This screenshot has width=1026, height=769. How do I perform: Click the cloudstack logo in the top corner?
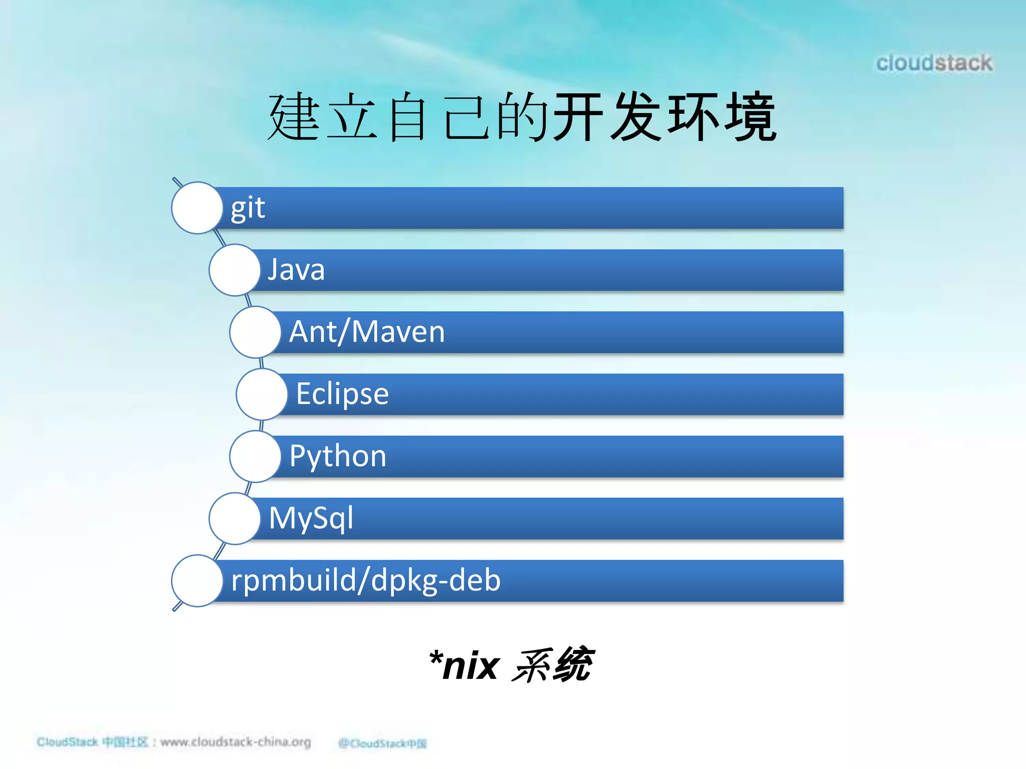pos(934,63)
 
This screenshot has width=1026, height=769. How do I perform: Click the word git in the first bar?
pos(247,208)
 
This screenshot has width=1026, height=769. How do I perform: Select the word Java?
pos(296,270)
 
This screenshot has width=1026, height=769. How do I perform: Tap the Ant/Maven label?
pos(367,332)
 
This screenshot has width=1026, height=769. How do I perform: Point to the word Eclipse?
pos(342,394)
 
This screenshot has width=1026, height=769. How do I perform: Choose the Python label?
pos(338,456)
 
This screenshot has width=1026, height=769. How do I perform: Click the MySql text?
pos(311,518)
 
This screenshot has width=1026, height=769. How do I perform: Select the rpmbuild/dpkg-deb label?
pos(366,580)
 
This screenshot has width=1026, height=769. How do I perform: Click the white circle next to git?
pos(197,208)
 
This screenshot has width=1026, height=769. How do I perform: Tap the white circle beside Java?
pos(234,270)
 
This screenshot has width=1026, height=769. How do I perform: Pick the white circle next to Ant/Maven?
pos(255,332)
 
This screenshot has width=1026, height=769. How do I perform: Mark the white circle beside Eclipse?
pos(262,394)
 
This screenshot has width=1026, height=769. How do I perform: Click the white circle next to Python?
pos(255,456)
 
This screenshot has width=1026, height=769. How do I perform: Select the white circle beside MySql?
pos(234,518)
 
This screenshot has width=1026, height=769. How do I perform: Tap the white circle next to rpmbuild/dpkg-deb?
pos(197,580)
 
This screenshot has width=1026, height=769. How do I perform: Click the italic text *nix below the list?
pos(464,666)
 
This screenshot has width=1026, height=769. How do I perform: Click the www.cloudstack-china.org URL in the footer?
pos(235,741)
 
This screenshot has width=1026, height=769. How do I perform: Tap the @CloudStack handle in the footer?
pos(382,743)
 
